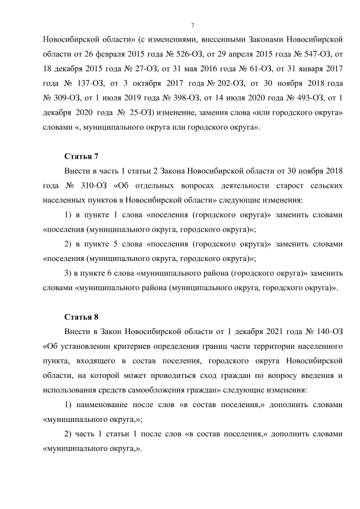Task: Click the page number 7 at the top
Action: click(x=192, y=26)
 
